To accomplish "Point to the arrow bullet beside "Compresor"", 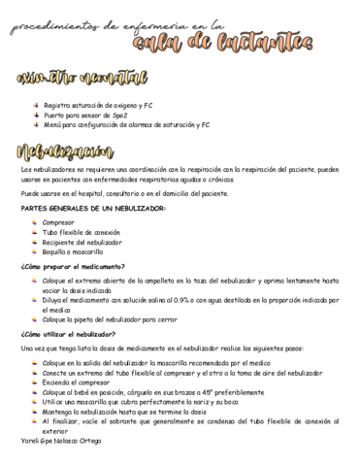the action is point(36,223).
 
